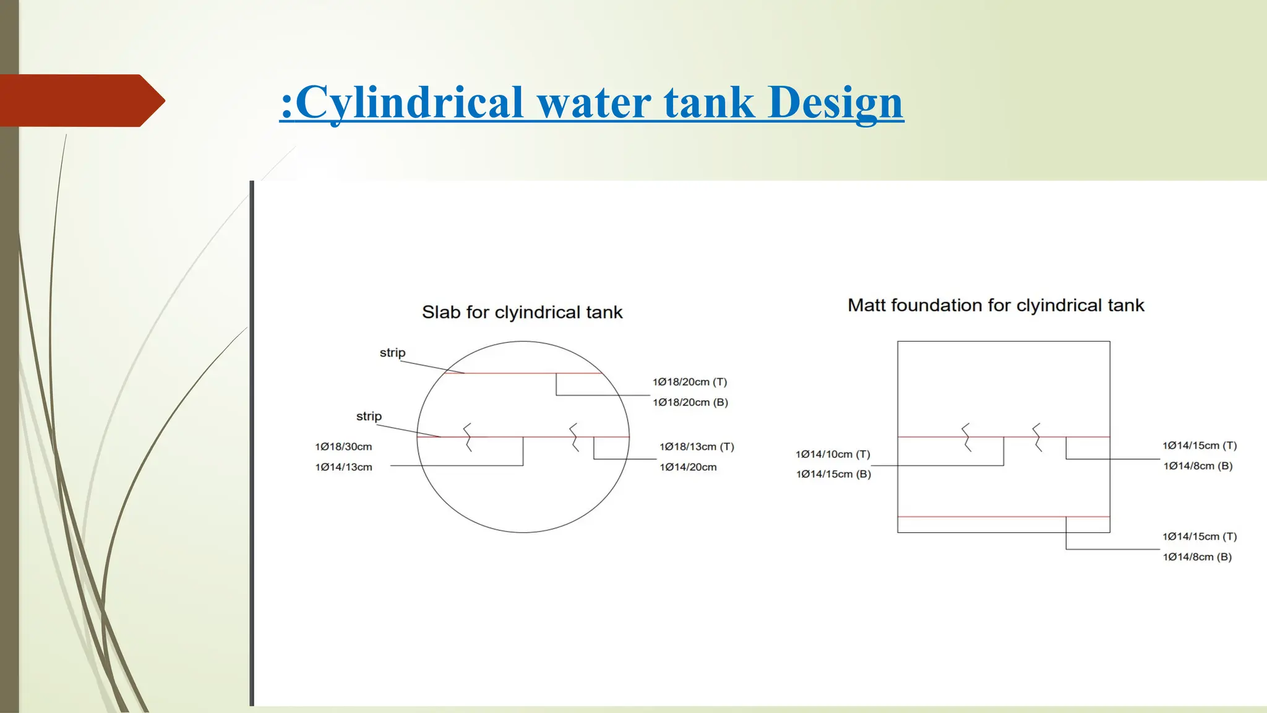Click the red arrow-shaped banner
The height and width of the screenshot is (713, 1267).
tap(80, 100)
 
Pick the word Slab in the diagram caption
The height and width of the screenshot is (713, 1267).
tap(441, 313)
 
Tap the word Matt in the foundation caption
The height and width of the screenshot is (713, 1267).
tap(866, 305)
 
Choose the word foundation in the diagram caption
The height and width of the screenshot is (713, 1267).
tap(936, 305)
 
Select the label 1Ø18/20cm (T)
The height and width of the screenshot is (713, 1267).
tap(689, 382)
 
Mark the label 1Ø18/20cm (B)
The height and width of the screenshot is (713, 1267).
tap(690, 402)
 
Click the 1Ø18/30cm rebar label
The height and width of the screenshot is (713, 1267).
tap(343, 447)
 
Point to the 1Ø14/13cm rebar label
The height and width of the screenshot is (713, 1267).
tap(343, 467)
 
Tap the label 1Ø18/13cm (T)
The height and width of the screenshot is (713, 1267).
tap(697, 447)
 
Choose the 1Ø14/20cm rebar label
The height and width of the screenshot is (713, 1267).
tap(688, 467)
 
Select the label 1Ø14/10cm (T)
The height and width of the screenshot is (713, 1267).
tap(833, 454)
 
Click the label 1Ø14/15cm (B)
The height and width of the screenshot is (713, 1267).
tap(833, 474)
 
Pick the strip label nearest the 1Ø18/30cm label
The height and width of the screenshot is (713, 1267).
tap(369, 417)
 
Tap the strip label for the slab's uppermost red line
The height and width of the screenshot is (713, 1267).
tap(392, 353)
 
